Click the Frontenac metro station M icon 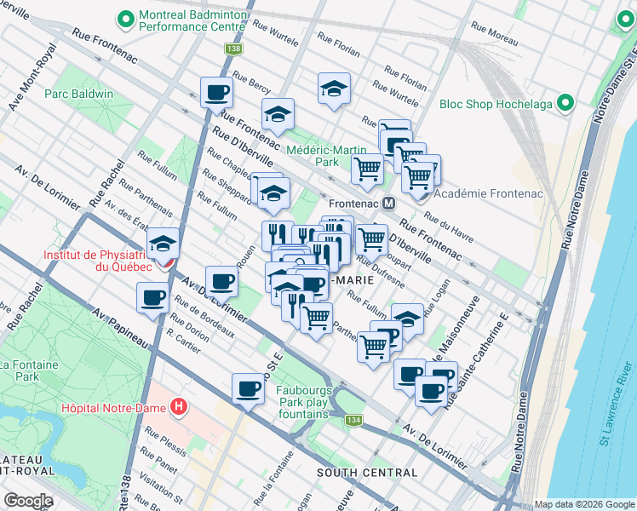tap(388, 204)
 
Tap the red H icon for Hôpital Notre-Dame tap(178, 407)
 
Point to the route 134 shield tap(353, 420)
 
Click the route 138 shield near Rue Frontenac tap(233, 49)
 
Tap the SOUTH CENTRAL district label tap(367, 473)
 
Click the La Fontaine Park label tap(19, 370)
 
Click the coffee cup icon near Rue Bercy tap(216, 91)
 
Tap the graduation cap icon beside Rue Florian tap(334, 88)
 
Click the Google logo tap(28, 500)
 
